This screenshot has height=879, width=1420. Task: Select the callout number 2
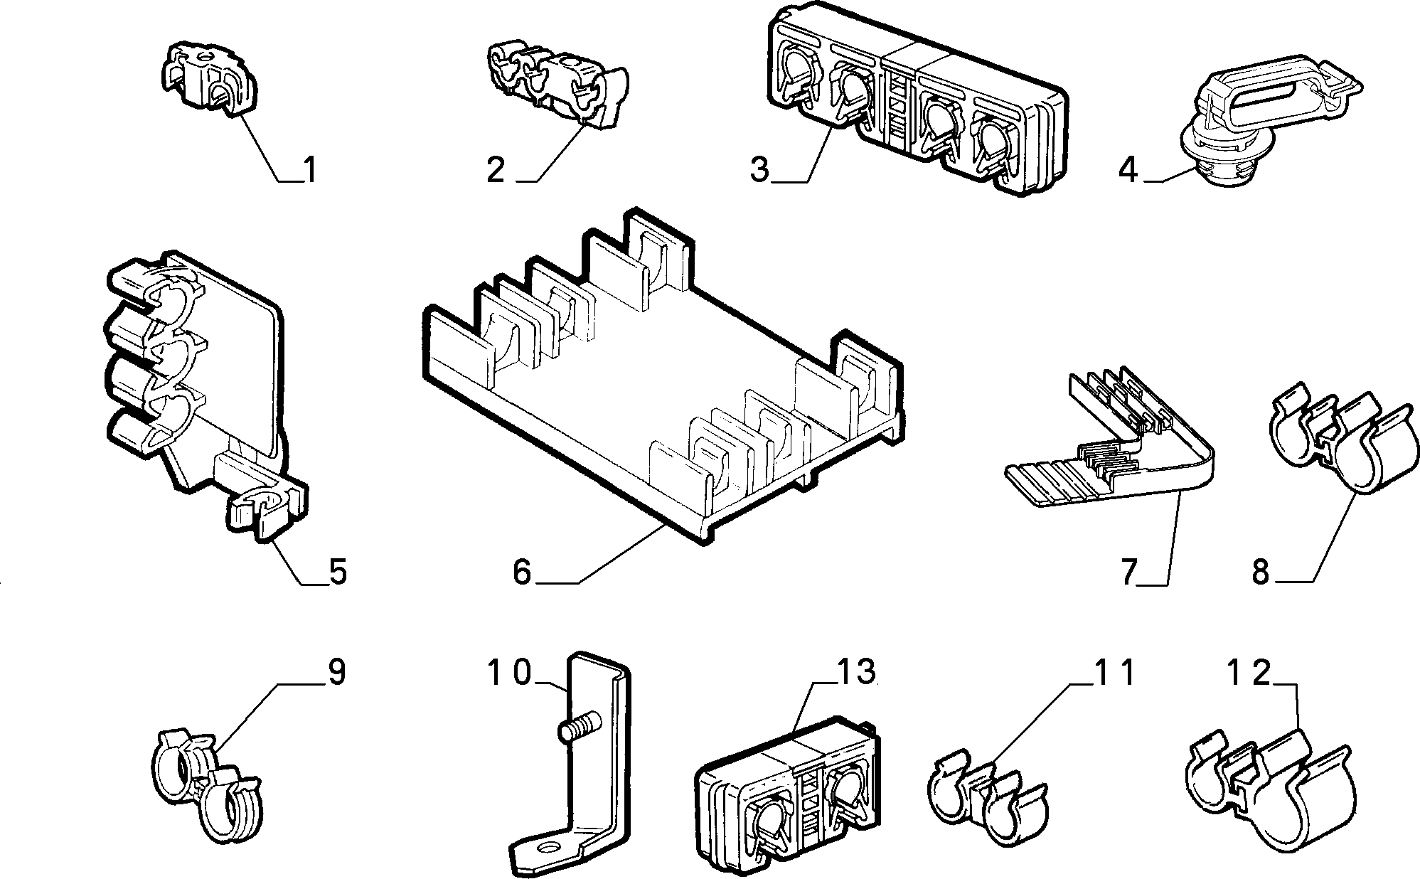click(496, 171)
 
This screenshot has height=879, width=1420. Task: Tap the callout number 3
click(760, 171)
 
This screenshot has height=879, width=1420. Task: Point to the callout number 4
click(1128, 170)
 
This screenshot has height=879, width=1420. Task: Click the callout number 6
click(522, 572)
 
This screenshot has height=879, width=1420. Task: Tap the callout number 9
click(336, 673)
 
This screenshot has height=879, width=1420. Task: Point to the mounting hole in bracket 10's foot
click(548, 848)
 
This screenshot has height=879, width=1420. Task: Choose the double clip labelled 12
click(1273, 797)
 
